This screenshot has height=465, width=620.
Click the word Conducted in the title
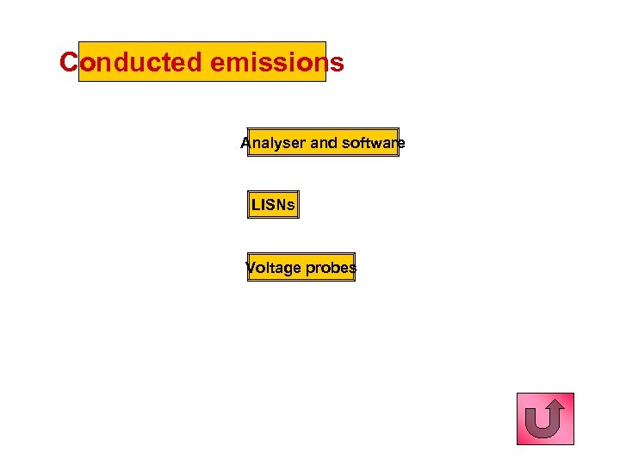[x=131, y=63]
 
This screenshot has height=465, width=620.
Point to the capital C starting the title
[x=69, y=63]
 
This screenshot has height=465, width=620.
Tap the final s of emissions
[x=337, y=64]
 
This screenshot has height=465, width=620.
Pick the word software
[x=373, y=143]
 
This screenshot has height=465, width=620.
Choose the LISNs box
[x=273, y=205]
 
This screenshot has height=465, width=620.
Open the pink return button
[x=545, y=418]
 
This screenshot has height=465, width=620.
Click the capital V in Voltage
[x=251, y=268]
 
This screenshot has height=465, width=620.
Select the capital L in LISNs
[x=255, y=205]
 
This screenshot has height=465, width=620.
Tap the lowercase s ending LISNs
[x=291, y=206]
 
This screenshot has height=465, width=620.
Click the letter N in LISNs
[x=282, y=205]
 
